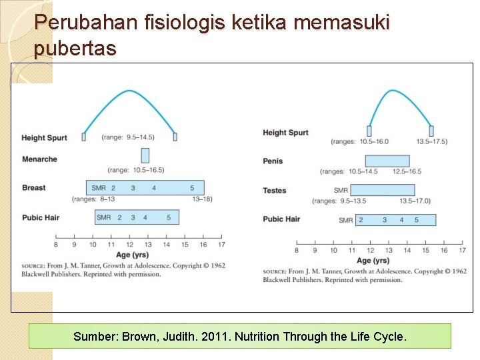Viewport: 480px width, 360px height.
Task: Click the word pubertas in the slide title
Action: pos(75,48)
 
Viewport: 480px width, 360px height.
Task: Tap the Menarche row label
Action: pos(39,159)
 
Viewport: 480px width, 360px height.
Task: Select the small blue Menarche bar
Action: pos(145,155)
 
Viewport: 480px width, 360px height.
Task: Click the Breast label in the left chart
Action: pos(34,188)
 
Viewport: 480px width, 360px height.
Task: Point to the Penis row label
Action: pos(273,161)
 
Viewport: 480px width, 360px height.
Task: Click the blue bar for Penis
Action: pos(387,161)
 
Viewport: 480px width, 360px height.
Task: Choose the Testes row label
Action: pos(275,191)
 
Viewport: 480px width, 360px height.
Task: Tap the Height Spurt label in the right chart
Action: pos(285,133)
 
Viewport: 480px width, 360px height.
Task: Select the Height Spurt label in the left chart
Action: pos(44,138)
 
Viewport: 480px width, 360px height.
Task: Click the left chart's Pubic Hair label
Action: pos(41,217)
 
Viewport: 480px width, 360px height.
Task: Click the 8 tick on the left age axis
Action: pos(56,245)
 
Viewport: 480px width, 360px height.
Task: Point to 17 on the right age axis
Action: pos(462,250)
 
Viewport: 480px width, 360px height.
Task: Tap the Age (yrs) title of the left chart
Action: pos(131,255)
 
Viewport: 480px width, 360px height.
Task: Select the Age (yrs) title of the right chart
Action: pos(373,260)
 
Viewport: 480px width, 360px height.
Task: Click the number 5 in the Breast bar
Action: pos(192,188)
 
